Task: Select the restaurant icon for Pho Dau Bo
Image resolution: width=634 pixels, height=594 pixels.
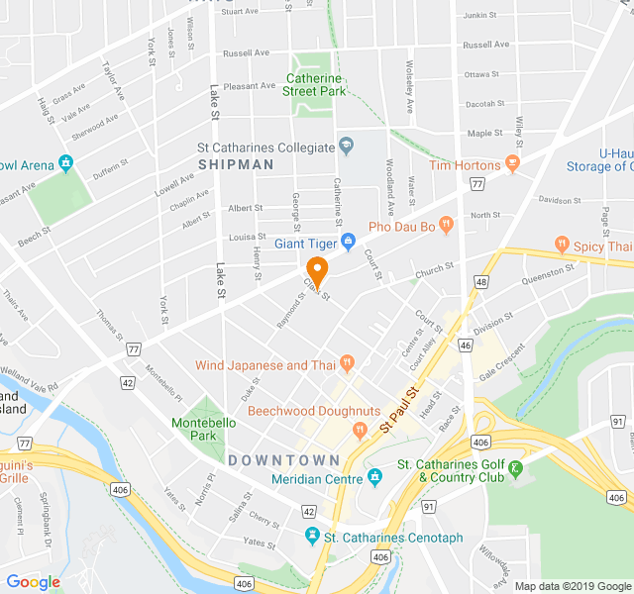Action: point(447,226)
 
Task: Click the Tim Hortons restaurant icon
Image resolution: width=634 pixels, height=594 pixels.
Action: point(512,161)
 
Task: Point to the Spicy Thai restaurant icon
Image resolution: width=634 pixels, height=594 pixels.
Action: point(563,245)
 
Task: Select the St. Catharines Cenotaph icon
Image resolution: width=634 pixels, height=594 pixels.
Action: point(312,537)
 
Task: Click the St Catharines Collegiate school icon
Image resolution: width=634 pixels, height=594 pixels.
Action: point(346,148)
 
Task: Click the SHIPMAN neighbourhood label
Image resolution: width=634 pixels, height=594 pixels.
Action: point(236,164)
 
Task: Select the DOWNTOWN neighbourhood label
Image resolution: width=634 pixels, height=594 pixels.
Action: point(284,460)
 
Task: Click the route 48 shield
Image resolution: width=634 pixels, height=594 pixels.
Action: point(481,282)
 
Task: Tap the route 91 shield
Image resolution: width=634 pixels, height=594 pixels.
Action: point(429,506)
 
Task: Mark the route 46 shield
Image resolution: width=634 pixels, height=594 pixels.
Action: point(465,345)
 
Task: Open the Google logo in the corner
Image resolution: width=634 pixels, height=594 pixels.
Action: point(33,582)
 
